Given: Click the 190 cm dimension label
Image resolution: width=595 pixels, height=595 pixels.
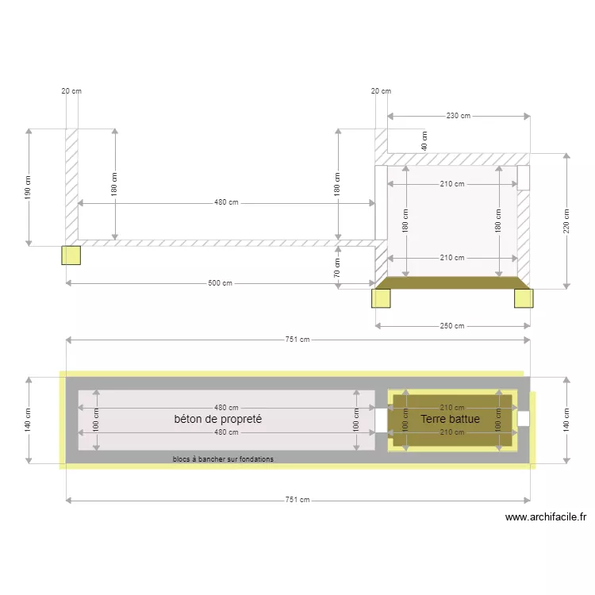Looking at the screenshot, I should (x=29, y=187).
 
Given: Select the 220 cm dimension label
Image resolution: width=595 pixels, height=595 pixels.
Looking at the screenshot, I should (x=566, y=220).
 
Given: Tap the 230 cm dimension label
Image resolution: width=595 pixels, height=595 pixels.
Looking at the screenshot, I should (x=458, y=116).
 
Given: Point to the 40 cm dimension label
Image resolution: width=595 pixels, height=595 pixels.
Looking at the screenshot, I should (x=424, y=141).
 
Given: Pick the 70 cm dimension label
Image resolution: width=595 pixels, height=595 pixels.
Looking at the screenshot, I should (x=337, y=268).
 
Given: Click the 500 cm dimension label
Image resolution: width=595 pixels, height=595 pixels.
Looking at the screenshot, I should (x=220, y=283).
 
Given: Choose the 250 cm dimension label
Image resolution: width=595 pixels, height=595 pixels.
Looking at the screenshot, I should (x=452, y=325).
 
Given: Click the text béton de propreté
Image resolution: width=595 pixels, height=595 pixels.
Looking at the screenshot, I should (x=218, y=419).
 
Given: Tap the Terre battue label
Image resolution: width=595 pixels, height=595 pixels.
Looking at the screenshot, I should (x=450, y=419).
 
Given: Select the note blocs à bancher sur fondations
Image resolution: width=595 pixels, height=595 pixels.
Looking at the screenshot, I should (x=223, y=459).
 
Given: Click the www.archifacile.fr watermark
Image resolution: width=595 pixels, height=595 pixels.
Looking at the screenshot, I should (x=546, y=517).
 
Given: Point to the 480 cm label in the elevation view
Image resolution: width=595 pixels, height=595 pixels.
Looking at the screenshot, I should (x=226, y=202).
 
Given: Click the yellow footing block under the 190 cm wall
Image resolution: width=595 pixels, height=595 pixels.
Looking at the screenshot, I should (x=71, y=255).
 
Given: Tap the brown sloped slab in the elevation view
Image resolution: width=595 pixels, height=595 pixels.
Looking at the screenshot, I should (x=452, y=282).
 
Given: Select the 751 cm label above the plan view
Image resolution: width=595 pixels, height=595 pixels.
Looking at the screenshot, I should (x=298, y=340).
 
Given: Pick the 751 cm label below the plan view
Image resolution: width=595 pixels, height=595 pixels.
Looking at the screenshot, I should (x=298, y=500).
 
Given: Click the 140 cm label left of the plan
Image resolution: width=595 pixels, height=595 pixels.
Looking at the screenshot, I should (x=29, y=419).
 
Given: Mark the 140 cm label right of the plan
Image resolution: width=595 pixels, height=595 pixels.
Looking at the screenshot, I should (x=566, y=419).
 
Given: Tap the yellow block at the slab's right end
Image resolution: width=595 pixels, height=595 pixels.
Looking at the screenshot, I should (x=524, y=297).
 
